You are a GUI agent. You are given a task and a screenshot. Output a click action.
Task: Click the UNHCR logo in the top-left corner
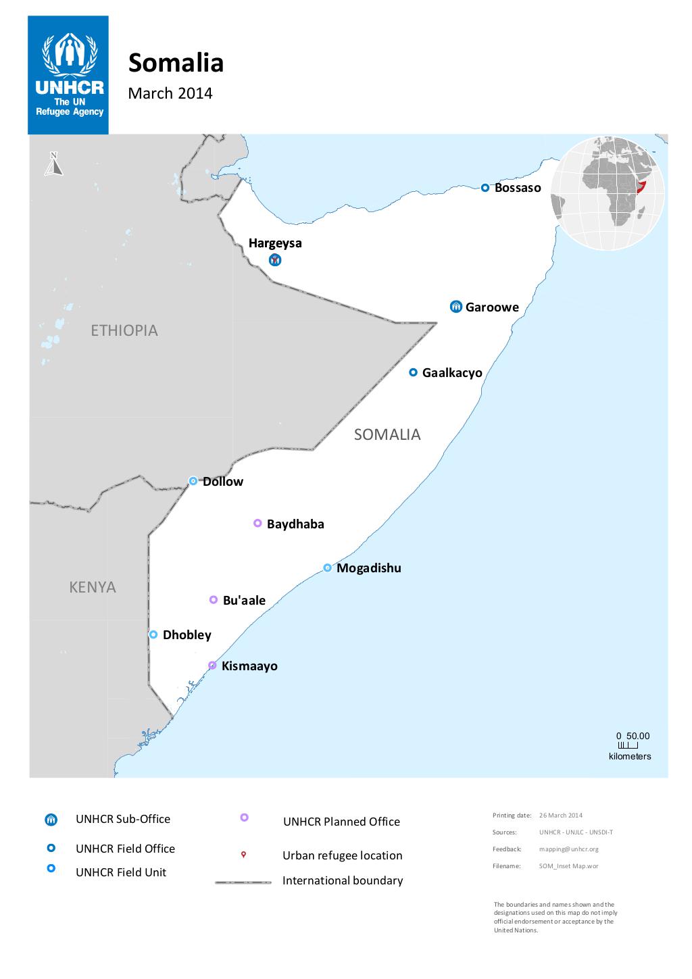click(68, 75)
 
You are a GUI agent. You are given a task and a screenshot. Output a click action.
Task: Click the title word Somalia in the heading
click(176, 63)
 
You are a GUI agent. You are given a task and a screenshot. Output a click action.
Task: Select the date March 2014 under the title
click(170, 93)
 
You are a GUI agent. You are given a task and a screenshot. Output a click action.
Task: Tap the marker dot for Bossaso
click(485, 188)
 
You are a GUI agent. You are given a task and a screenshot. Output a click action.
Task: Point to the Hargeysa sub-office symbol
click(275, 260)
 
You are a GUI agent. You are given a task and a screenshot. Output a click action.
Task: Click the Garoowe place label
click(492, 307)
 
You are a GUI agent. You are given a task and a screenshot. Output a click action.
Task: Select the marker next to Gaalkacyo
click(414, 372)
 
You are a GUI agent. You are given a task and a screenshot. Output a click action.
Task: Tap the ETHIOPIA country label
click(124, 330)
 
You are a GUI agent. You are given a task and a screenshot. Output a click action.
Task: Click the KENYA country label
click(93, 587)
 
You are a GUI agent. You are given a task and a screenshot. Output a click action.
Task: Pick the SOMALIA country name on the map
click(387, 434)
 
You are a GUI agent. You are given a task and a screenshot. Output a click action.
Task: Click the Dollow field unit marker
click(193, 481)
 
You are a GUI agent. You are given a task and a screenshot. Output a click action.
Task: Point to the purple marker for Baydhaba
click(257, 523)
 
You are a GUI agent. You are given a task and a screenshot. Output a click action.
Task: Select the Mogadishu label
click(368, 568)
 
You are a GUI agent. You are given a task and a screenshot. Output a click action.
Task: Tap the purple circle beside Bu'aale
click(214, 600)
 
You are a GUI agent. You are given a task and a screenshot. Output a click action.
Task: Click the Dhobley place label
click(187, 635)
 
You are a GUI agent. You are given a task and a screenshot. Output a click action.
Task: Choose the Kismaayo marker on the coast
click(212, 665)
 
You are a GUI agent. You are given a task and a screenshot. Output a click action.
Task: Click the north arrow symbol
click(53, 164)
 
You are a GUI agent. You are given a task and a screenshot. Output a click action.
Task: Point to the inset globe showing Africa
click(608, 193)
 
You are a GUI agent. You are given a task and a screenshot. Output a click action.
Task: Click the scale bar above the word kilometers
click(627, 745)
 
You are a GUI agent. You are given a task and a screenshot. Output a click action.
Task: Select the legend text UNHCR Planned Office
click(341, 822)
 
